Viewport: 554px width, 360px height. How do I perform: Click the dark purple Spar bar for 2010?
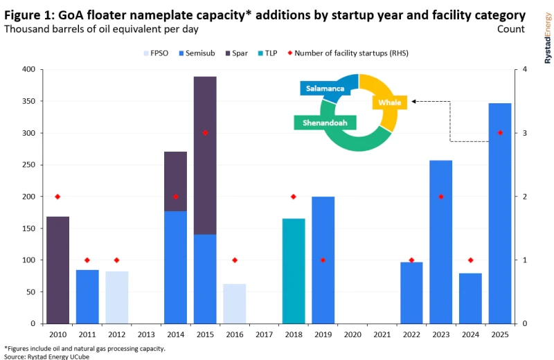[x=57, y=270]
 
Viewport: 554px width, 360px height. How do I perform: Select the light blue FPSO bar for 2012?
[x=117, y=297]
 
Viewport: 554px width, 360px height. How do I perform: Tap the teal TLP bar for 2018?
[x=294, y=271]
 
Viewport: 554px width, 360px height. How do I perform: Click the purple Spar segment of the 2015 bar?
[x=205, y=155]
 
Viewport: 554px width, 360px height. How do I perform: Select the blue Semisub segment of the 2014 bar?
[x=176, y=267]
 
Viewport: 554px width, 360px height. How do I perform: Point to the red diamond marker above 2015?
[x=205, y=133]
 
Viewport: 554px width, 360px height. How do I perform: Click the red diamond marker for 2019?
[x=323, y=260]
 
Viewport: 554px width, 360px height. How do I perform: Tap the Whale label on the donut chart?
[x=390, y=102]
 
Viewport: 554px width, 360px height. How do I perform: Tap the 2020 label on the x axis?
[x=352, y=334]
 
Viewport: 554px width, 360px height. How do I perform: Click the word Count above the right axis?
[x=510, y=29]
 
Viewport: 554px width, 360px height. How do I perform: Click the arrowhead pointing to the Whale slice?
[x=414, y=101]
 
